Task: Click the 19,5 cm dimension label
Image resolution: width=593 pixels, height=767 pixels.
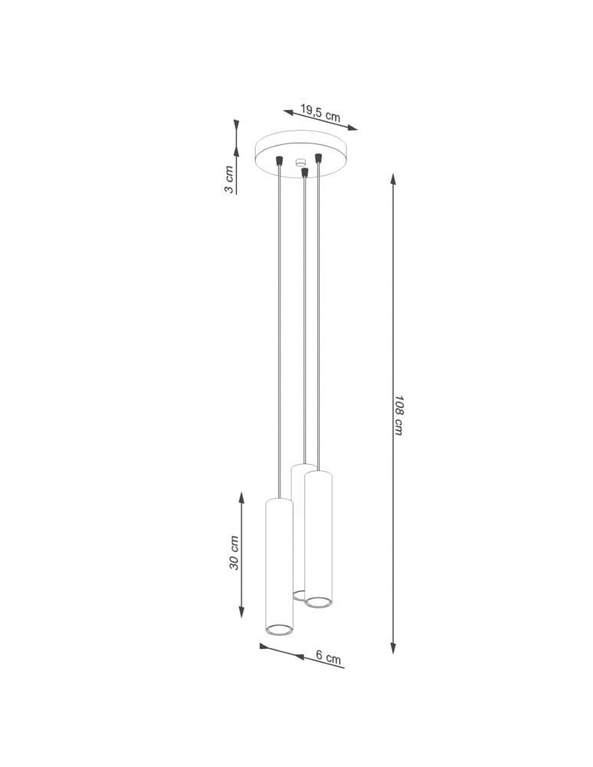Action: pyautogui.click(x=320, y=114)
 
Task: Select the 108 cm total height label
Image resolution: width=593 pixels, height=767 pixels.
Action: pyautogui.click(x=398, y=416)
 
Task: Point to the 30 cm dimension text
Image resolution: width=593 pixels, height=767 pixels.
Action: pyautogui.click(x=235, y=553)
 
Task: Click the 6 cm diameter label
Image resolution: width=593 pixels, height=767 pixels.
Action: pyautogui.click(x=328, y=657)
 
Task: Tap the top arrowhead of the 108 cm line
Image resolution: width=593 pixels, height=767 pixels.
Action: pyautogui.click(x=393, y=179)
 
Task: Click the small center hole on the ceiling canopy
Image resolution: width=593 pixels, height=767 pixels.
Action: pyautogui.click(x=301, y=161)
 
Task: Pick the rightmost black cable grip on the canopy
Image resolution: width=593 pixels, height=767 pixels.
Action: pyautogui.click(x=319, y=157)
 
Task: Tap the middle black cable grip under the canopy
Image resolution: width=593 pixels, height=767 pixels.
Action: pyautogui.click(x=305, y=173)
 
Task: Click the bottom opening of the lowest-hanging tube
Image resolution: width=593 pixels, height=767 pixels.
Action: pyautogui.click(x=279, y=630)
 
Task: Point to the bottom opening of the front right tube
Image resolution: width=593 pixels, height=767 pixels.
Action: pyautogui.click(x=318, y=601)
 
